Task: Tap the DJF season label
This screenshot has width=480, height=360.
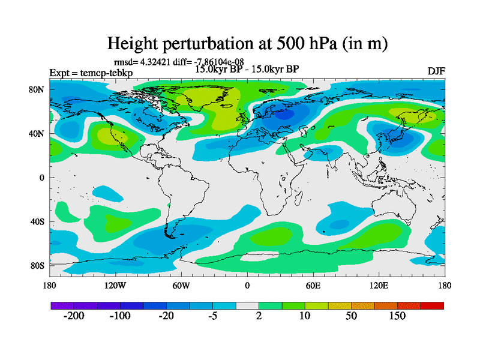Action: click(436, 71)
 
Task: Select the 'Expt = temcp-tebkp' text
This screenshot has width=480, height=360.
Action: click(91, 73)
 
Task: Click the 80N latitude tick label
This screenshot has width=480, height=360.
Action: click(37, 89)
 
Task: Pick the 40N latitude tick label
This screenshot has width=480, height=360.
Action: click(37, 133)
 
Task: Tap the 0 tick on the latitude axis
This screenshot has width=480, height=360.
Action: click(42, 178)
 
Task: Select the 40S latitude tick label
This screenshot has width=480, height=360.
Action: click(37, 221)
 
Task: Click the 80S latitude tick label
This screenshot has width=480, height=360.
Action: click(37, 265)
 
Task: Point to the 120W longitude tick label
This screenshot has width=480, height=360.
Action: click(115, 285)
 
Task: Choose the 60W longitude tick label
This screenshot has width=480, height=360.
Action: click(181, 285)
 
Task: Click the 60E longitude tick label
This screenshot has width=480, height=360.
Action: click(313, 285)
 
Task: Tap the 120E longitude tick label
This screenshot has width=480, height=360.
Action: click(379, 285)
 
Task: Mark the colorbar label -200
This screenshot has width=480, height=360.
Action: click(74, 316)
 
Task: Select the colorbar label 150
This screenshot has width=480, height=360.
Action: click(397, 316)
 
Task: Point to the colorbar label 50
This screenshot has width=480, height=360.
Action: click(351, 316)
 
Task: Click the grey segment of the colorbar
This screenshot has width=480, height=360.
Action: click(247, 305)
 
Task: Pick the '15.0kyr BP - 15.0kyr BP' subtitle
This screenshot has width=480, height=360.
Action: click(247, 68)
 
